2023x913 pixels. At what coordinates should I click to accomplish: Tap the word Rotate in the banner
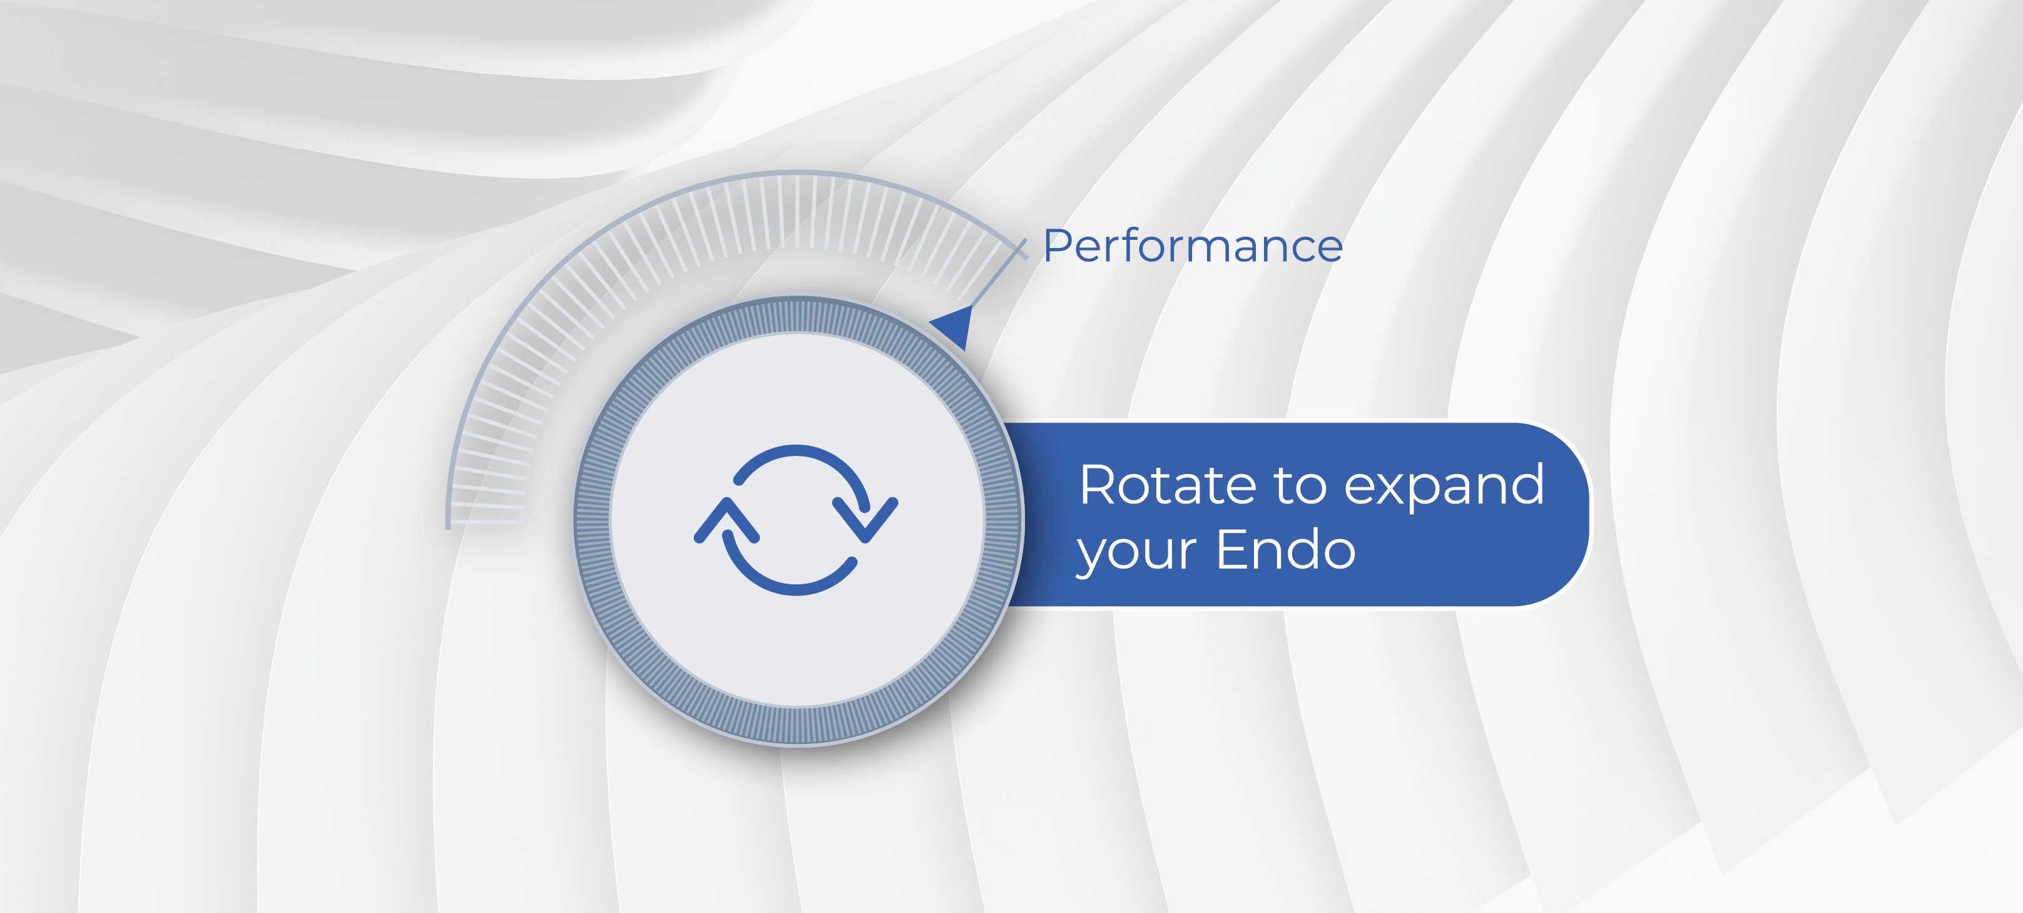click(1167, 485)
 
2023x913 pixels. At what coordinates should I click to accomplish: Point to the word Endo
click(1286, 549)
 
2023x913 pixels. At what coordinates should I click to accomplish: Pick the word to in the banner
click(1300, 487)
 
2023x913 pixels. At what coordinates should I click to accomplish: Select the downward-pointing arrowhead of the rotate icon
click(865, 519)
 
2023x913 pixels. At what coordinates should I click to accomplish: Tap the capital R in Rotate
click(1099, 485)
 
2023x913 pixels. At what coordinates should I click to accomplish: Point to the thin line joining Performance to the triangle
click(999, 274)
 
